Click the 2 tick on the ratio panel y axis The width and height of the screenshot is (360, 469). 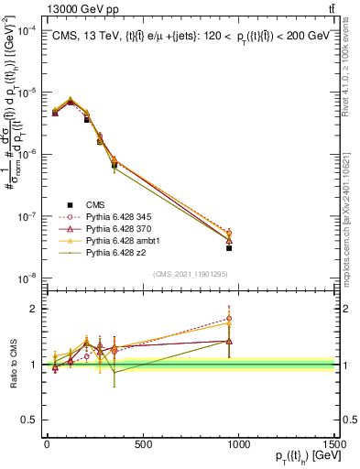pyautogui.click(x=29, y=308)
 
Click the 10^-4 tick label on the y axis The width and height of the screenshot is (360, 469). pyautogui.click(x=24, y=30)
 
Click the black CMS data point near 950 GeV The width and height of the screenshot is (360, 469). pyautogui.click(x=229, y=247)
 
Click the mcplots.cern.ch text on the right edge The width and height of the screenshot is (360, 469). pyautogui.click(x=352, y=215)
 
